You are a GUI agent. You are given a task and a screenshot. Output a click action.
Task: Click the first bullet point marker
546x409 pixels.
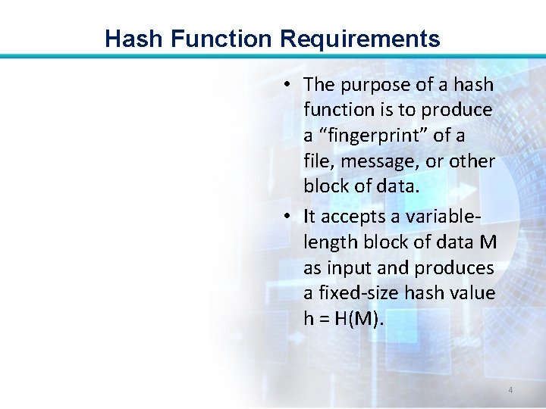(x=290, y=85)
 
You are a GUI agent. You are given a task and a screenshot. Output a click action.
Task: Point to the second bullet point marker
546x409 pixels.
(x=290, y=216)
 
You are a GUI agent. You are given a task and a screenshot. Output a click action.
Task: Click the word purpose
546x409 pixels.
(x=372, y=85)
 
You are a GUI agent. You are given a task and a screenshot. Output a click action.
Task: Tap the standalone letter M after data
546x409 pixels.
(x=489, y=242)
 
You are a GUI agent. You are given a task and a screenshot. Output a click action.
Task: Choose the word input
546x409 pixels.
(x=350, y=267)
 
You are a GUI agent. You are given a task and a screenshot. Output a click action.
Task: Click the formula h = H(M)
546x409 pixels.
(x=344, y=319)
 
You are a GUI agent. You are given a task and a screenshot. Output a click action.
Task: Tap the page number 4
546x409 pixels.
(x=510, y=390)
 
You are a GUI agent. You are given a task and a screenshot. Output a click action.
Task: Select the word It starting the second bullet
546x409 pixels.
(x=309, y=216)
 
